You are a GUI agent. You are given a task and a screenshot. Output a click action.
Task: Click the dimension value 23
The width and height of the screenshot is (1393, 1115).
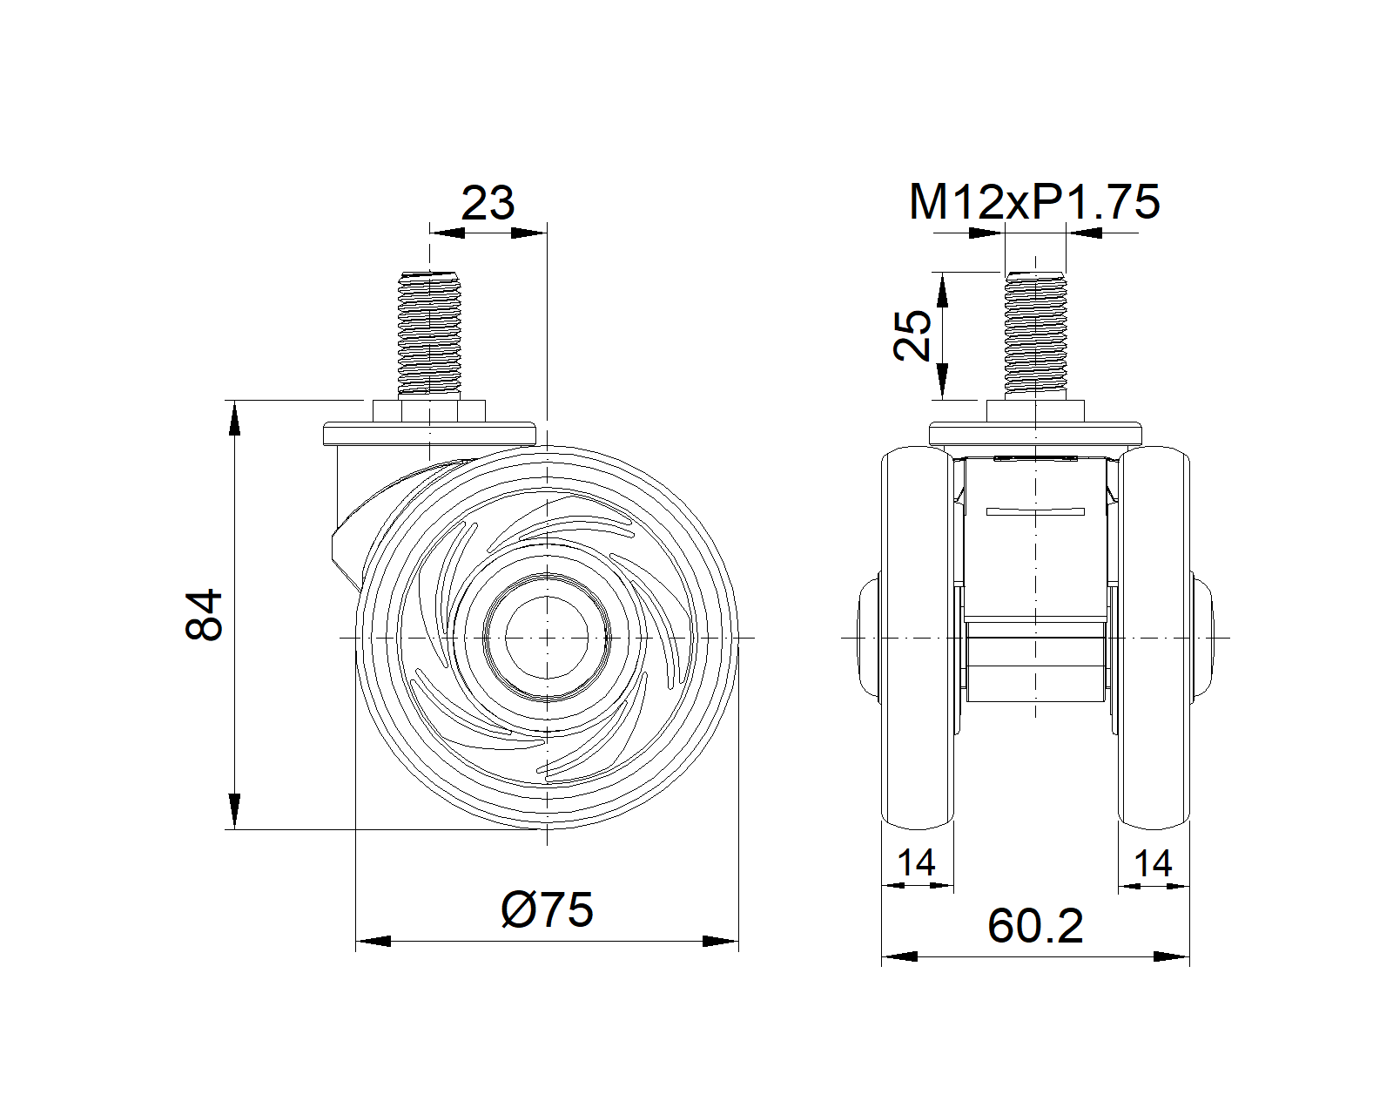pyautogui.click(x=488, y=203)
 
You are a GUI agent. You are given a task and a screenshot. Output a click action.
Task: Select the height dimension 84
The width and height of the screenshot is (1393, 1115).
pyautogui.click(x=205, y=614)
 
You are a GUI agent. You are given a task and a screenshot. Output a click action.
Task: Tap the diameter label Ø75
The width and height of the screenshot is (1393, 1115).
pyautogui.click(x=547, y=909)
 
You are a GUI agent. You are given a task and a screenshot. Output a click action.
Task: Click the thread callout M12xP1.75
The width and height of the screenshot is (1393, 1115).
pyautogui.click(x=1034, y=202)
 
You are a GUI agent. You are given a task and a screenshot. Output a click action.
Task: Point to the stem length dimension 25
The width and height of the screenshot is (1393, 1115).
pyautogui.click(x=912, y=335)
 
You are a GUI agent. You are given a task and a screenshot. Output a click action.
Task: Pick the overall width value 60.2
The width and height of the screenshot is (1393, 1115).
pyautogui.click(x=1035, y=927)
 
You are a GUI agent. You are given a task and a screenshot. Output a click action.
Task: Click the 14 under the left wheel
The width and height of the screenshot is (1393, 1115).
pyautogui.click(x=916, y=862)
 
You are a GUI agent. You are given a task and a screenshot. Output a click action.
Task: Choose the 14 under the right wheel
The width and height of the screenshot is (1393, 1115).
pyautogui.click(x=1153, y=862)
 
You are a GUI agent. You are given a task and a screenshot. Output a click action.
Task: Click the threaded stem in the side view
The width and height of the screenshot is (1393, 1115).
pyautogui.click(x=428, y=334)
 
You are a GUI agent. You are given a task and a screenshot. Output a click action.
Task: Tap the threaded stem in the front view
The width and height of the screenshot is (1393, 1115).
pyautogui.click(x=1034, y=334)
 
